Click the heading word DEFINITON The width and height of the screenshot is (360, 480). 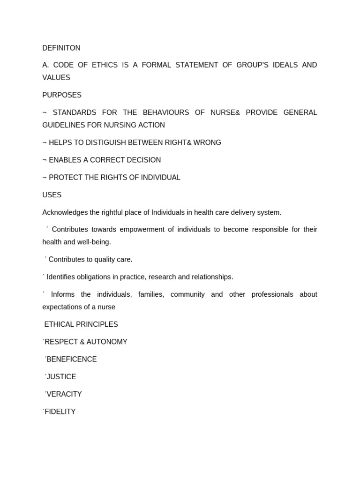click(61, 48)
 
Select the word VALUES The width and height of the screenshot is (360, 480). click(56, 78)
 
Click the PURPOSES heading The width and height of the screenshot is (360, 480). click(62, 95)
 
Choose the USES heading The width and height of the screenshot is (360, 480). click(52, 195)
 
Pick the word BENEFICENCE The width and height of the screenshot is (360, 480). click(72, 360)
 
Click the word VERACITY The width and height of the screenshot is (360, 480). click(64, 394)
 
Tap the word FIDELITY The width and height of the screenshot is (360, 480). click(60, 412)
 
